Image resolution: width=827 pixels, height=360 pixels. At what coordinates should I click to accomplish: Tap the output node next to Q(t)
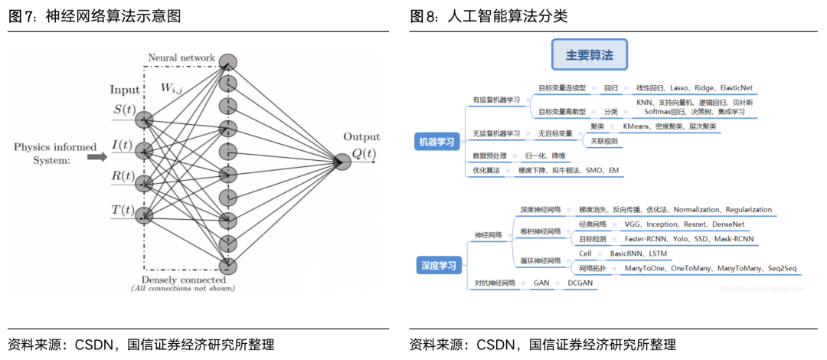(341, 162)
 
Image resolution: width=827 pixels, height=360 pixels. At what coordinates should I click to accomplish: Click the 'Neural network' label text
(181, 58)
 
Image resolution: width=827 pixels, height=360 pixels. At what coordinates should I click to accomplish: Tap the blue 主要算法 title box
(590, 56)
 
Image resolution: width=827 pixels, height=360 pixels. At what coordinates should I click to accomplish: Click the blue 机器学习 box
(436, 141)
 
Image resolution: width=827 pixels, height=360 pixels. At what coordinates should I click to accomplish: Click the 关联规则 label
(603, 141)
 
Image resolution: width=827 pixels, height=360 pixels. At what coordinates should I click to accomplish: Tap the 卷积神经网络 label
(541, 231)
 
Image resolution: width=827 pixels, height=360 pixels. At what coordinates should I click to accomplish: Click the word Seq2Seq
(782, 269)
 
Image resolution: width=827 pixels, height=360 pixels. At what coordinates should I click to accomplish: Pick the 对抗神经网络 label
(494, 283)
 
